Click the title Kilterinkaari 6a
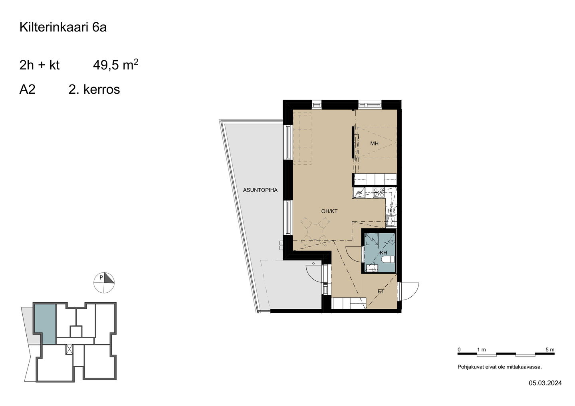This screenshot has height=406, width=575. pos(63,28)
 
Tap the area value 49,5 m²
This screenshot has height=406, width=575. pos(115,65)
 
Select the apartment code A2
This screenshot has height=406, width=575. pos(27,89)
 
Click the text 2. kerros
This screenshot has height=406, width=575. pos(94,89)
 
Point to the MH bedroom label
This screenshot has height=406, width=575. pos(374,144)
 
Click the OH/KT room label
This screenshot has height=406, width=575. pos(329,211)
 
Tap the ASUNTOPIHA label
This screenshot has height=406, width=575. pos(260,190)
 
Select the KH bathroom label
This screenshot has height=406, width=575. pos(383,253)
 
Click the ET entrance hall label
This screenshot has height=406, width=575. pos(381,292)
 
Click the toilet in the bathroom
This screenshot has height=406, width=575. pos(388,260)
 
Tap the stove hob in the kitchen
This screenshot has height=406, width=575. pos(379,192)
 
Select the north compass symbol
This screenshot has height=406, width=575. pos(104,283)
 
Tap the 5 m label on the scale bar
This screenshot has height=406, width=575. pos(550,350)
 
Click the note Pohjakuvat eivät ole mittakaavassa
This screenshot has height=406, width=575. pos(500,367)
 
